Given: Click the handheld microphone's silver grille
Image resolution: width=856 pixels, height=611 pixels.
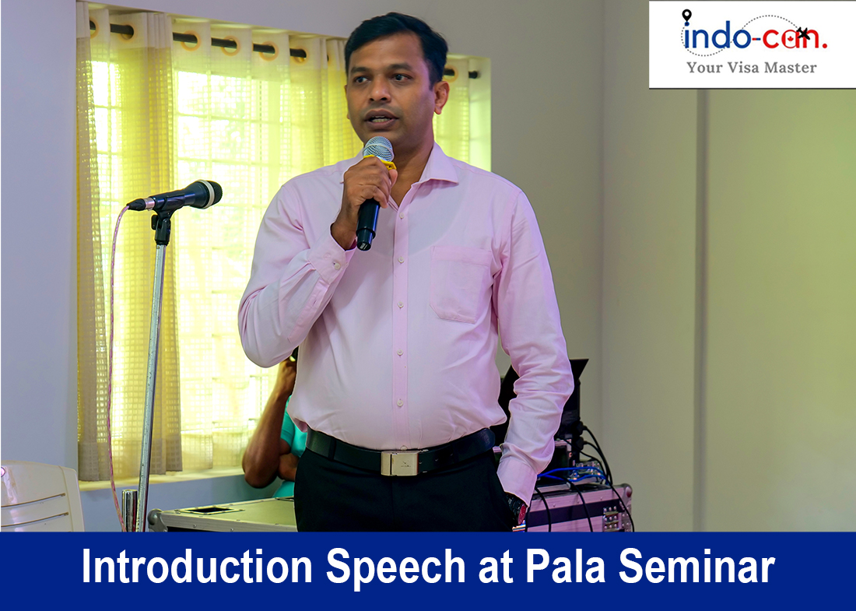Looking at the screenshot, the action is [377, 149].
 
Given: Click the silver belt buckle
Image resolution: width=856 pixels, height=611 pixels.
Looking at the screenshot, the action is [400, 462].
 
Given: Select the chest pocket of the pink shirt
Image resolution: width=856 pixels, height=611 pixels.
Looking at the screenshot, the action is [460, 284].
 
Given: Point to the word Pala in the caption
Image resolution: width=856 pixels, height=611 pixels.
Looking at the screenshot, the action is [565, 566].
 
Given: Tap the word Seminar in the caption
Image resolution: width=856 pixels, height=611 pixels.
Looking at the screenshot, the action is [696, 566].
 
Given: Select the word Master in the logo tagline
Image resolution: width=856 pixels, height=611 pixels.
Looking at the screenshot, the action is [790, 68].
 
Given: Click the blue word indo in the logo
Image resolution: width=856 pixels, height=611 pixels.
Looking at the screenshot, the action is [716, 37].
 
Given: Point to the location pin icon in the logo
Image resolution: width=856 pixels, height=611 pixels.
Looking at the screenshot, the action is [686, 16].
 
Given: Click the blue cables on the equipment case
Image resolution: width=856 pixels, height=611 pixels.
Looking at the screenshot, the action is [570, 474].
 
